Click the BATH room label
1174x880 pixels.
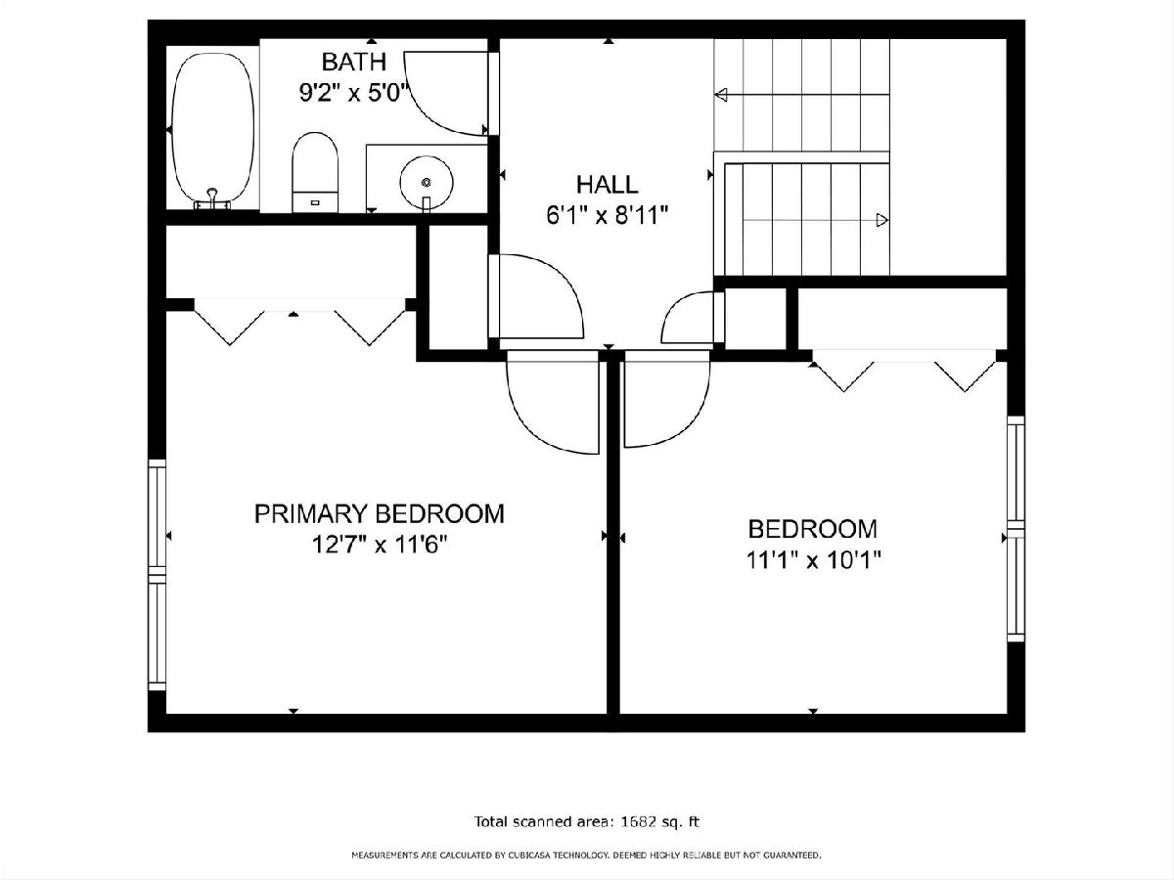pos(353,62)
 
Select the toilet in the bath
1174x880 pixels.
pos(315,173)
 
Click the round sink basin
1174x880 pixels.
pos(427,183)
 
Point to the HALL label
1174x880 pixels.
pos(608,185)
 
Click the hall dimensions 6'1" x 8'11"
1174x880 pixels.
pos(608,216)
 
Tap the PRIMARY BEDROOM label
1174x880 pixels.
pos(380,514)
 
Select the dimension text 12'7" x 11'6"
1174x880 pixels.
pos(380,545)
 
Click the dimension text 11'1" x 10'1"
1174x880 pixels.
pos(813,560)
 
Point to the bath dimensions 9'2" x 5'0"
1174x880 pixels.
pos(353,93)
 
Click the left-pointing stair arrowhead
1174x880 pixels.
pos(721,95)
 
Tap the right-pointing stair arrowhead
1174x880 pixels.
pos(882,220)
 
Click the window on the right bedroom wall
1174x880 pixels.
pos(1016,529)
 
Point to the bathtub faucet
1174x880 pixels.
pos(212,198)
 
